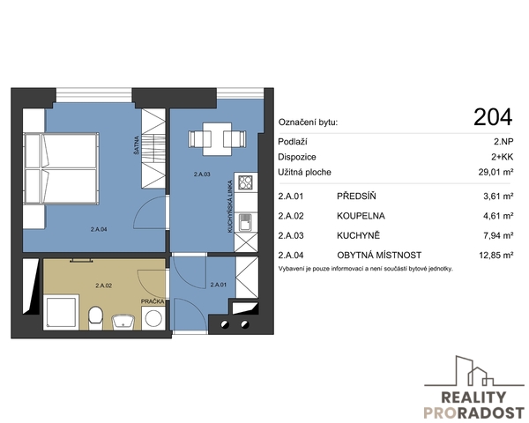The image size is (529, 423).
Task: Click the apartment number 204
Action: click(493, 117)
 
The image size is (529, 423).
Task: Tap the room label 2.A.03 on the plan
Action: click(202, 174)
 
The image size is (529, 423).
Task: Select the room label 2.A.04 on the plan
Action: click(99, 229)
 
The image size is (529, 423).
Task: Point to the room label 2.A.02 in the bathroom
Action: click(103, 286)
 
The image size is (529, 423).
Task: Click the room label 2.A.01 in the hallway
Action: click(219, 285)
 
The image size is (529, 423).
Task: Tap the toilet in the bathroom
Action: click(95, 317)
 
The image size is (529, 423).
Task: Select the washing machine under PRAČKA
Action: click(153, 318)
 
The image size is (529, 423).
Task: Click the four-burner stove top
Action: click(245, 182)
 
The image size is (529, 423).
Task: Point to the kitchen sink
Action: click(246, 223)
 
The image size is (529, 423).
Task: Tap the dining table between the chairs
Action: click(217, 139)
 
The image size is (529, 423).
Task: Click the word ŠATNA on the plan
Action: click(137, 145)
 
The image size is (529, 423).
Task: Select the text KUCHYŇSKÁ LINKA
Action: click(230, 207)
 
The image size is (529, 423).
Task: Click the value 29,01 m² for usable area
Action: click(495, 172)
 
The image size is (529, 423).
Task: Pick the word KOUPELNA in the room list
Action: click(361, 216)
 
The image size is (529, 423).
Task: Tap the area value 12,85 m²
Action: click(496, 255)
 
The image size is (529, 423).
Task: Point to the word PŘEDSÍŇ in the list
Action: click(356, 196)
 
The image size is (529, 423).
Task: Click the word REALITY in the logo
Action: click(473, 397)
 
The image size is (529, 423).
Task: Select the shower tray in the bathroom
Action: click(62, 312)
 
